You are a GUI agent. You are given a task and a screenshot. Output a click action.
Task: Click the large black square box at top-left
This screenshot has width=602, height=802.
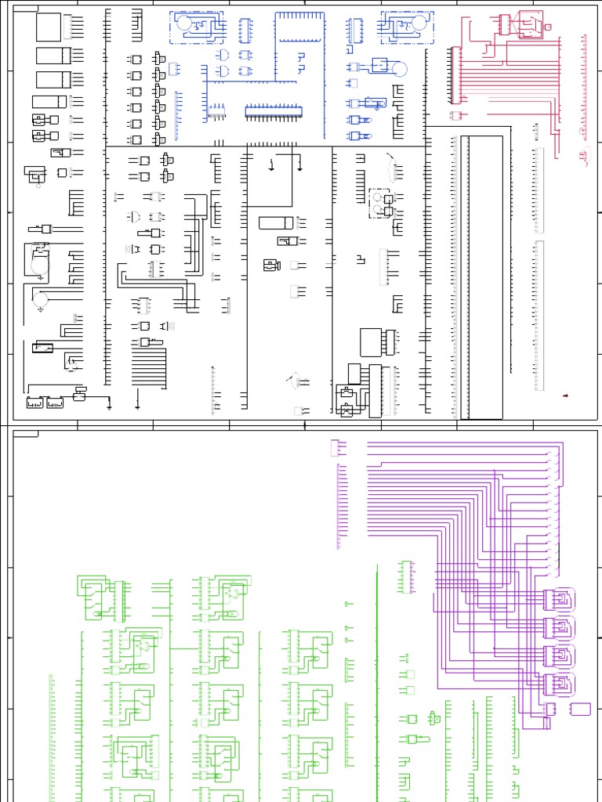[48, 27]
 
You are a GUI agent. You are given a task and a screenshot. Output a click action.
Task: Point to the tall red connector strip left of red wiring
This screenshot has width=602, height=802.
[454, 75]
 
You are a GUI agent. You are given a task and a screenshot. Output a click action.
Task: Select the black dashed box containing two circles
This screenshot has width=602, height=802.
[380, 202]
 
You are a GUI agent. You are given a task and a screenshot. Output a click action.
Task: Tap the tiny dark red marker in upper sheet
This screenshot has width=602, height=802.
[566, 397]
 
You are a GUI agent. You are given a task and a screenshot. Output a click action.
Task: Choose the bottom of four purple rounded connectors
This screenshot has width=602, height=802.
[559, 683]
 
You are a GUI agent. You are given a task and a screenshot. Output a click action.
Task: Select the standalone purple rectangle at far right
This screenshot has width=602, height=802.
[581, 709]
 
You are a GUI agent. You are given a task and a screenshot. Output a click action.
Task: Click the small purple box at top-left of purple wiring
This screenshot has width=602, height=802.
[337, 447]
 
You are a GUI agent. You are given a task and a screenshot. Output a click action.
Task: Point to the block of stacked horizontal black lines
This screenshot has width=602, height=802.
[148, 367]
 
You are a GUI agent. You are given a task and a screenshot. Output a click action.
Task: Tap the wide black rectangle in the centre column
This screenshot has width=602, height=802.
[276, 222]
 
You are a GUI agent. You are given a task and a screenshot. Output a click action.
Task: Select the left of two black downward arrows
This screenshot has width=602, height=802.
[271, 165]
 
